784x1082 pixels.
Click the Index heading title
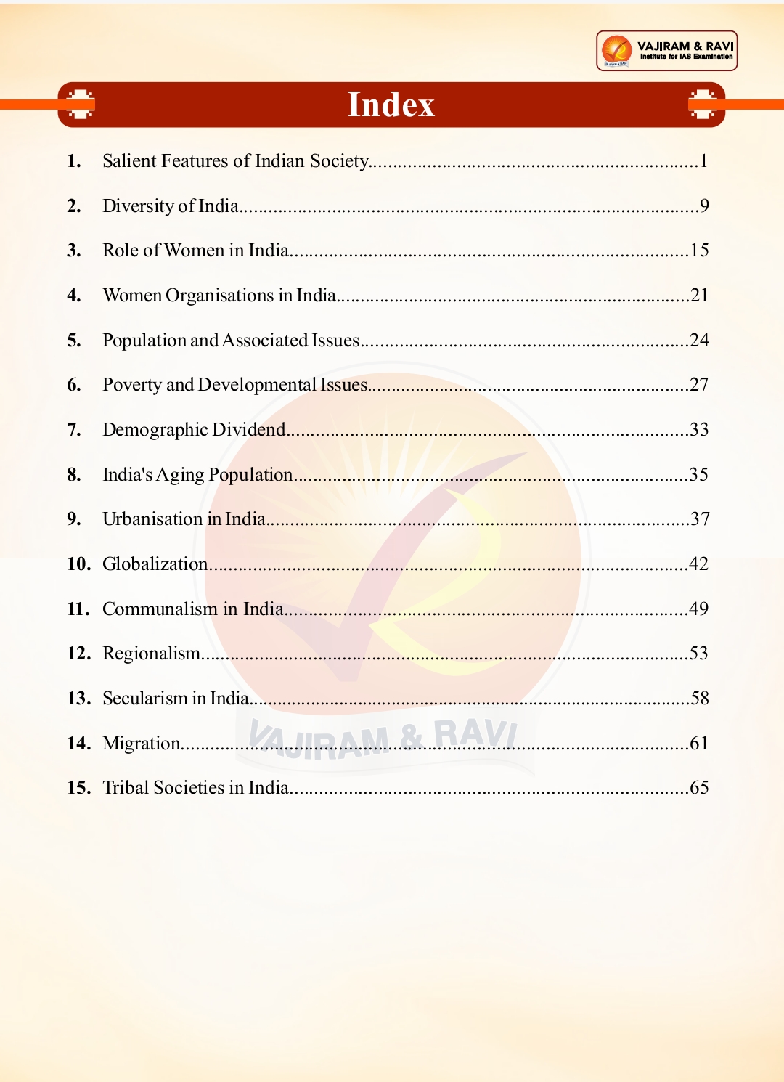(391, 105)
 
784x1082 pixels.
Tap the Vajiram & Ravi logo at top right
(666, 51)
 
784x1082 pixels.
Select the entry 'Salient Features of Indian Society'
(236, 160)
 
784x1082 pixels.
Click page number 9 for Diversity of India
(704, 206)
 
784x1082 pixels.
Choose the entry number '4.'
(73, 296)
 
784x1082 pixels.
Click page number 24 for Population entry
(699, 340)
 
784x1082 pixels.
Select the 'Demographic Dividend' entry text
(194, 430)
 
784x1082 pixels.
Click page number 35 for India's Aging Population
(698, 475)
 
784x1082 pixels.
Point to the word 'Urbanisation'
(152, 519)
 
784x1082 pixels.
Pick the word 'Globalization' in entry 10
(155, 564)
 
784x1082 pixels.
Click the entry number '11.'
(78, 609)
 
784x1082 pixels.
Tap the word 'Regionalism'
(151, 654)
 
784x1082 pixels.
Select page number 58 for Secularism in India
(699, 699)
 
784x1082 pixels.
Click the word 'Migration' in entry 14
(142, 744)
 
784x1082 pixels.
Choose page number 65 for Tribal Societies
(699, 788)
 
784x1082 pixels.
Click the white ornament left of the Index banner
(80, 104)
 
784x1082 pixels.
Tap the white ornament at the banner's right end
(702, 104)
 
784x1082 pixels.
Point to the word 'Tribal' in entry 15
(126, 788)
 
